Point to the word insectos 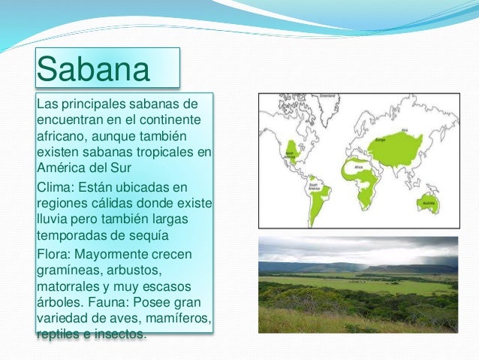pyautogui.click(x=116, y=334)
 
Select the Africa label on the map pyautogui.click(x=359, y=168)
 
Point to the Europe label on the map pyautogui.click(x=379, y=139)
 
